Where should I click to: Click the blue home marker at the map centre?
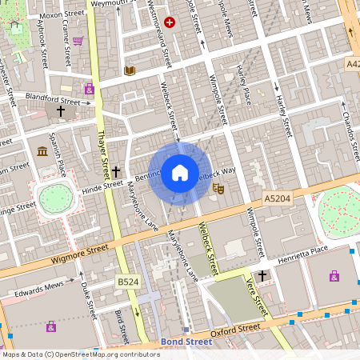[179, 172]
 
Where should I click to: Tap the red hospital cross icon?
[169, 22]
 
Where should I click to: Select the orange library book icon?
[130, 71]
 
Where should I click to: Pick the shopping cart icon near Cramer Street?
[78, 41]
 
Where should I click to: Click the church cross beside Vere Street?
[262, 275]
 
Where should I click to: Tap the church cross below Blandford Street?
[61, 112]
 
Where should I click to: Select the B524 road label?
[127, 282]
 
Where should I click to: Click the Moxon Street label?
[62, 14]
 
